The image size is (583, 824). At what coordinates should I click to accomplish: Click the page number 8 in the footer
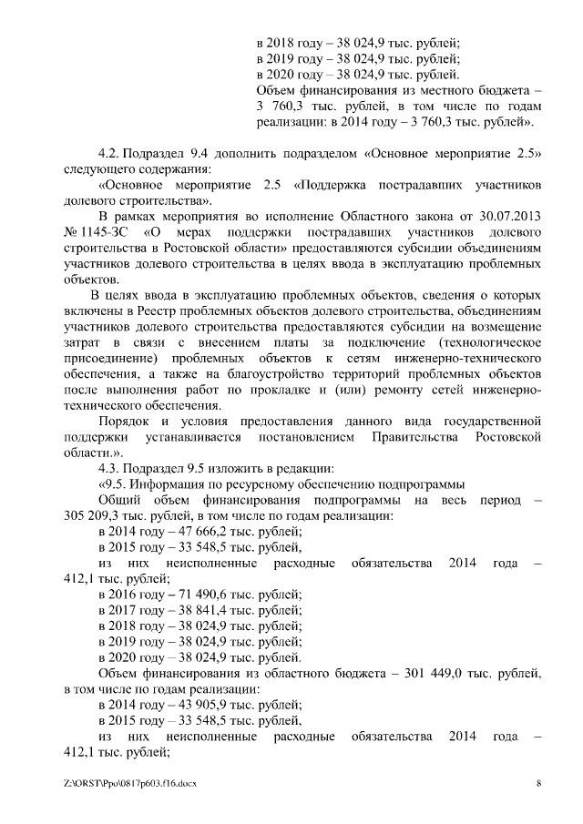pos(538,783)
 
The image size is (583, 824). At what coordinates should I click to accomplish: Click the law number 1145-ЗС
pos(110,230)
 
